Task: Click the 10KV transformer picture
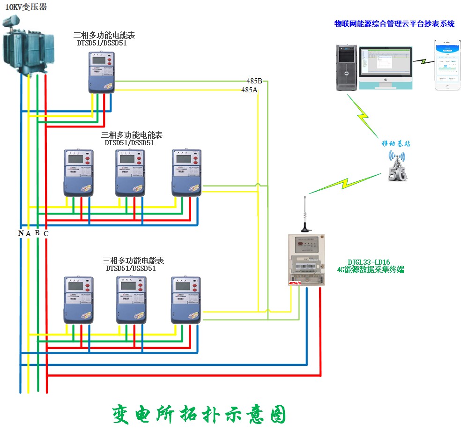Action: click(28, 45)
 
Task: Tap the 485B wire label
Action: click(254, 81)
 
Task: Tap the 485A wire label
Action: click(249, 89)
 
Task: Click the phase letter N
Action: click(21, 233)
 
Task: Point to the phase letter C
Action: click(46, 233)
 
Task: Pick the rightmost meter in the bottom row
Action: click(186, 300)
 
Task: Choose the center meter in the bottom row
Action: click(132, 300)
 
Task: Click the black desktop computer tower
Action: click(347, 67)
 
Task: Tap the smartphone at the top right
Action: click(447, 65)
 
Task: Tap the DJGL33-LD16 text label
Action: click(369, 262)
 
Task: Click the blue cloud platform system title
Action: click(394, 24)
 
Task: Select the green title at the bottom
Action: click(199, 414)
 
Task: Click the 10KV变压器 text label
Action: click(26, 7)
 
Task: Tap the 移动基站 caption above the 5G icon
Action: click(395, 143)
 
